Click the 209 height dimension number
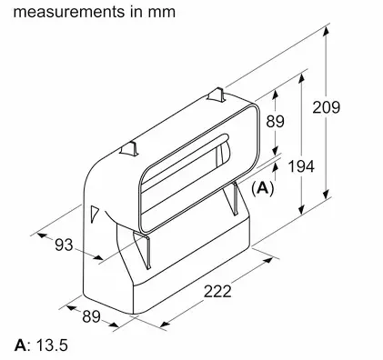tap(327, 107)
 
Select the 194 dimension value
tap(301, 166)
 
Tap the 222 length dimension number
tap(217, 292)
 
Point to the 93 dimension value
tap(64, 245)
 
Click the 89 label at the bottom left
tap(91, 316)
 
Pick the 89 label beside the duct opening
tap(276, 121)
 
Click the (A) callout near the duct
tap(263, 188)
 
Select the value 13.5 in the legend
tap(52, 345)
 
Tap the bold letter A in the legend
tap(20, 345)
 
